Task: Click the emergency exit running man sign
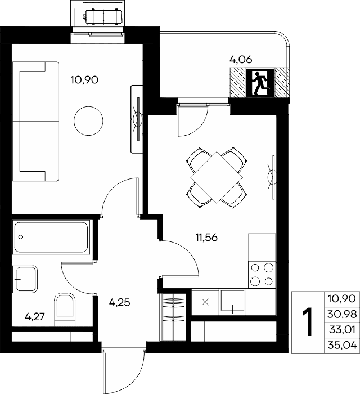[x=260, y=82]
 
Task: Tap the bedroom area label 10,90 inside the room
[x=84, y=80]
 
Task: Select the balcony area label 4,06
[x=241, y=60]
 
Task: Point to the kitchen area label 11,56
[x=206, y=237]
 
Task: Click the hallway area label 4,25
[x=119, y=302]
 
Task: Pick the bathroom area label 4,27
[x=35, y=316]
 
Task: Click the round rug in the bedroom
[x=88, y=121]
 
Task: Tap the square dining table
[x=217, y=177]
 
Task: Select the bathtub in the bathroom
[x=51, y=237]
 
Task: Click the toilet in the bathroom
[x=65, y=310]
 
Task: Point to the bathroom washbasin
[x=25, y=279]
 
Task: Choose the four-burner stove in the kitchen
[x=262, y=275]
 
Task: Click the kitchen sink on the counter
[x=232, y=302]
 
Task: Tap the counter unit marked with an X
[x=205, y=302]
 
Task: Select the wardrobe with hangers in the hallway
[x=173, y=316]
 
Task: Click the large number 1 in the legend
[x=308, y=322]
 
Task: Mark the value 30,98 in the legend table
[x=342, y=314]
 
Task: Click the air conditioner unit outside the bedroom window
[x=103, y=17]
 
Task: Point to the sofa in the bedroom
[x=35, y=122]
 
